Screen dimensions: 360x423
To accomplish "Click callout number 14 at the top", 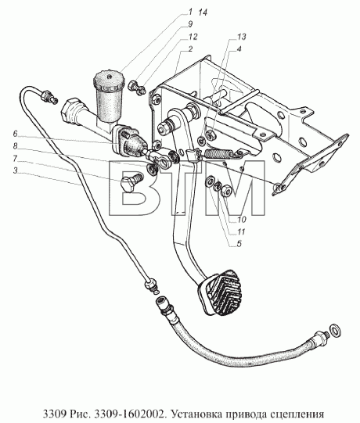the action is coord(203,13).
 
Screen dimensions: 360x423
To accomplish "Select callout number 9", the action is coord(190,24).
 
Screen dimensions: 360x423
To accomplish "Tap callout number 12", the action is coord(193,37).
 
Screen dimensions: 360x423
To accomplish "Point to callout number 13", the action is coord(242,37).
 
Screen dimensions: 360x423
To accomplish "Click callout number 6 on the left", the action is coord(15,134).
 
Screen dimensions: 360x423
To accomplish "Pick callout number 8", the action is coord(15,146).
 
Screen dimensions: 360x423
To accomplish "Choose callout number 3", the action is coord(15,170).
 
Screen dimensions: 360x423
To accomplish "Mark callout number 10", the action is coord(242,220).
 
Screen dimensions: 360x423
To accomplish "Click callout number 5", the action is coord(239,244).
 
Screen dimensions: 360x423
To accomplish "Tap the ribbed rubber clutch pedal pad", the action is coord(220,292).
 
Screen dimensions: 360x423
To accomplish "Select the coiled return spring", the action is coord(218,154).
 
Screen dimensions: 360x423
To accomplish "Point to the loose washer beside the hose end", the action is coord(336,330).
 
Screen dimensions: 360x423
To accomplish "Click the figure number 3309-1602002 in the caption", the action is coord(129,414).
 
